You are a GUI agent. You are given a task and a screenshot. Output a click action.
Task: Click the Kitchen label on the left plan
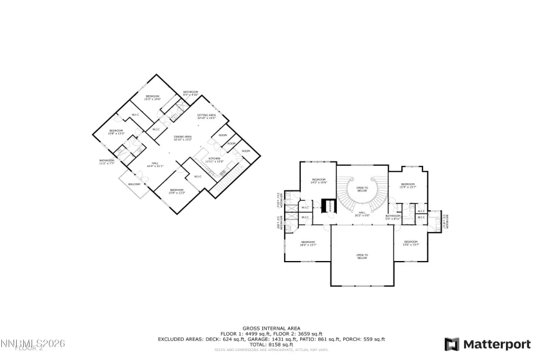pos(214,159)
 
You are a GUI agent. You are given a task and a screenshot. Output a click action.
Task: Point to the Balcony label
pos(134,184)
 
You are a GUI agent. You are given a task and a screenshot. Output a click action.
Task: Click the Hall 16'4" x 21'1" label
pos(155,165)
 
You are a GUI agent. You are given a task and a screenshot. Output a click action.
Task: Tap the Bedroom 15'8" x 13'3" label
pos(116,132)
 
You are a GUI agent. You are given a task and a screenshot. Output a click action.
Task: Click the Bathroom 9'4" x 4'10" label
pos(190,93)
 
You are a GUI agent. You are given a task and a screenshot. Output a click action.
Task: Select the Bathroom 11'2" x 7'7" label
pos(107,162)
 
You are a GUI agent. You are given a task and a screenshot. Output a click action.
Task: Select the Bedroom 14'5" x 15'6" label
pos(319,181)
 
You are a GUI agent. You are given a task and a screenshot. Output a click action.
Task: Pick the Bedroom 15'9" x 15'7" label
pos(408,186)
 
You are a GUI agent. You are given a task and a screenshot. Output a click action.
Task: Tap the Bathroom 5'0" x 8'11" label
pos(393,217)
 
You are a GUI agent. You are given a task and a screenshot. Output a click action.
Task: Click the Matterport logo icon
pos(452,344)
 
